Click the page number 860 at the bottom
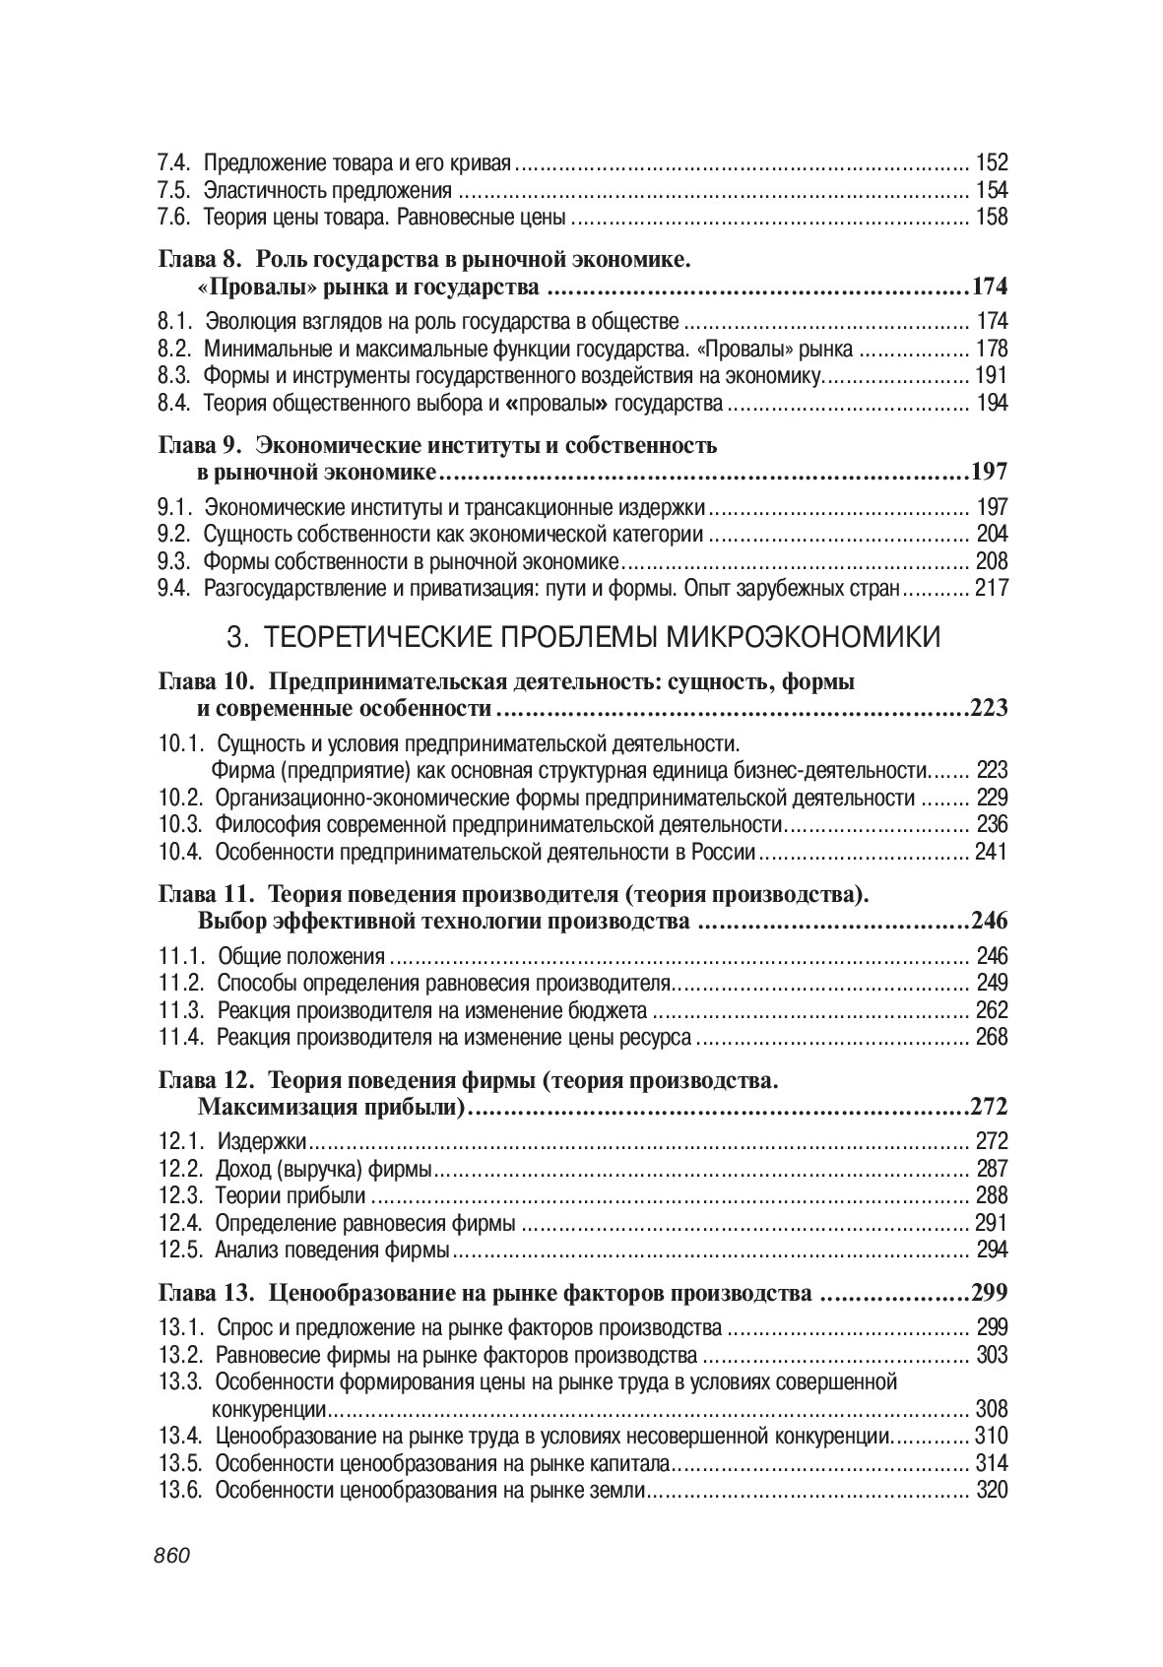[x=171, y=1556]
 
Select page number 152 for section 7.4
[x=991, y=163]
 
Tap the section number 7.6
[x=174, y=218]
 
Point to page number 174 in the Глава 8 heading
[x=989, y=288]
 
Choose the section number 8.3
[x=174, y=375]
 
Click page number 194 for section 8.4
[x=991, y=403]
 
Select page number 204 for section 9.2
[x=991, y=535]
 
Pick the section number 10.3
[x=181, y=824]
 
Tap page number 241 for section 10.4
[x=991, y=852]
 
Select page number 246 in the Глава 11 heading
[x=989, y=922]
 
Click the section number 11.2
[x=181, y=983]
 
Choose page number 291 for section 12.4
[x=991, y=1224]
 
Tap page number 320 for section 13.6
[x=991, y=1490]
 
